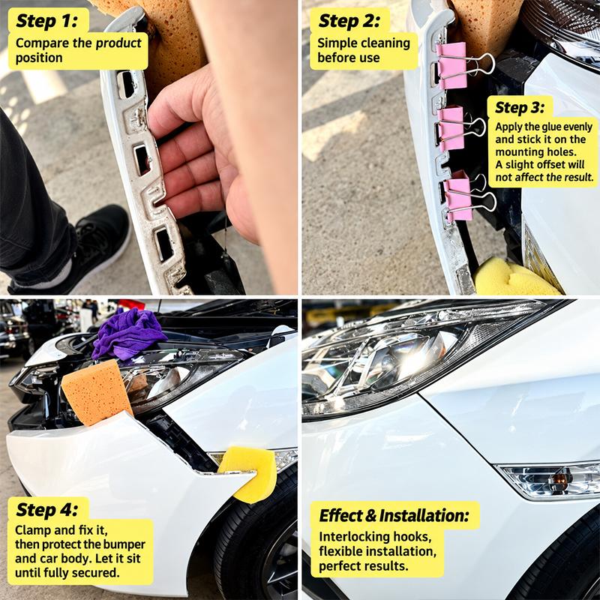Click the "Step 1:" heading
pyautogui.click(x=46, y=21)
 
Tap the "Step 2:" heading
pyautogui.click(x=349, y=21)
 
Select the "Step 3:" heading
pyautogui.click(x=519, y=107)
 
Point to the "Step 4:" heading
pyautogui.click(x=46, y=510)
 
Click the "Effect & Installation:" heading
pyautogui.click(x=394, y=515)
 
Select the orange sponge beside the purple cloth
pyautogui.click(x=97, y=393)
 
